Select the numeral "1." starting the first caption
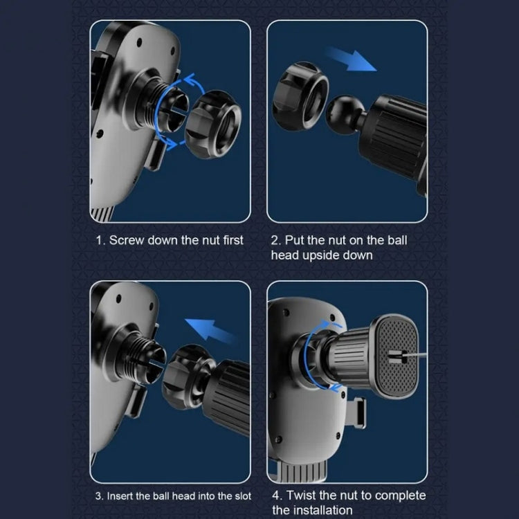[100, 240]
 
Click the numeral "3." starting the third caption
[100, 495]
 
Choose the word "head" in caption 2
[284, 255]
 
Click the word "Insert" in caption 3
[122, 495]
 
